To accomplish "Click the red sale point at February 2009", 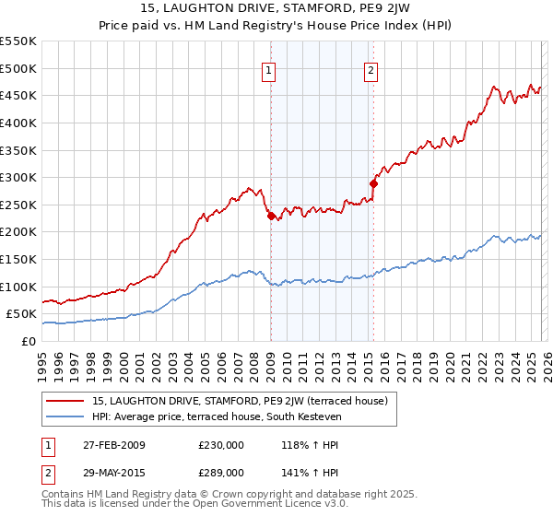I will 271,216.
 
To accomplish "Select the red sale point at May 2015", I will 373,183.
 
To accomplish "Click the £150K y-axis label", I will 20,259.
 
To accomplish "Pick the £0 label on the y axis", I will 28,341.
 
